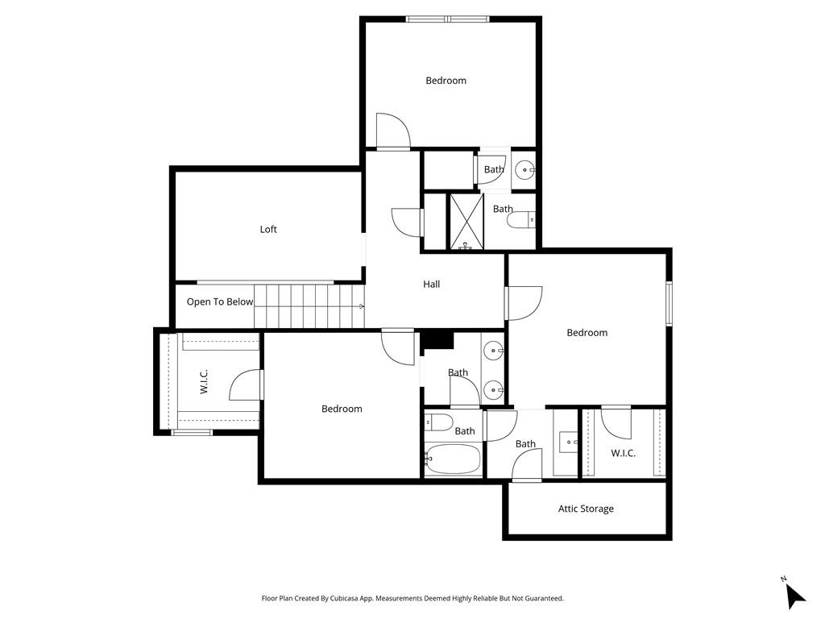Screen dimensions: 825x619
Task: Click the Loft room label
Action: tap(268, 229)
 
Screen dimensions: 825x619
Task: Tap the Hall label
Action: tap(432, 285)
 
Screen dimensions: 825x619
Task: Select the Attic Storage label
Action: tap(587, 509)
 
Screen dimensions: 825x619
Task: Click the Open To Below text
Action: tap(220, 301)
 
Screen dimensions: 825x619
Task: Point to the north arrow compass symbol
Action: tap(794, 595)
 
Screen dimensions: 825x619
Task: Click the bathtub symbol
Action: tap(453, 459)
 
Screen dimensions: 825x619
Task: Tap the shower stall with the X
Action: tap(466, 222)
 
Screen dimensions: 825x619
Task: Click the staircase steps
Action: tap(309, 306)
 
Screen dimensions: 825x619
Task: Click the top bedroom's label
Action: tap(446, 81)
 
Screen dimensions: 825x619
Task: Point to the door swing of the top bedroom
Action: tap(392, 131)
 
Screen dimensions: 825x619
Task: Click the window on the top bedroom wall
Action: tap(448, 19)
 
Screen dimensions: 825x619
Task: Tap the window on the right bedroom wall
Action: tap(670, 304)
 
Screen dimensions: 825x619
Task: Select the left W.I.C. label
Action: tap(204, 381)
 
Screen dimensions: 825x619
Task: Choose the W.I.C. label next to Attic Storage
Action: tap(623, 453)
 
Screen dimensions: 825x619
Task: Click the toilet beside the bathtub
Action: tap(438, 422)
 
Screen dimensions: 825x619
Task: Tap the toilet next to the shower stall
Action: tap(521, 220)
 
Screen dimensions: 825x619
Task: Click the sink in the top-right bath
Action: tap(524, 170)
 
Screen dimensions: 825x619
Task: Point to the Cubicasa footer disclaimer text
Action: tap(412, 599)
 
